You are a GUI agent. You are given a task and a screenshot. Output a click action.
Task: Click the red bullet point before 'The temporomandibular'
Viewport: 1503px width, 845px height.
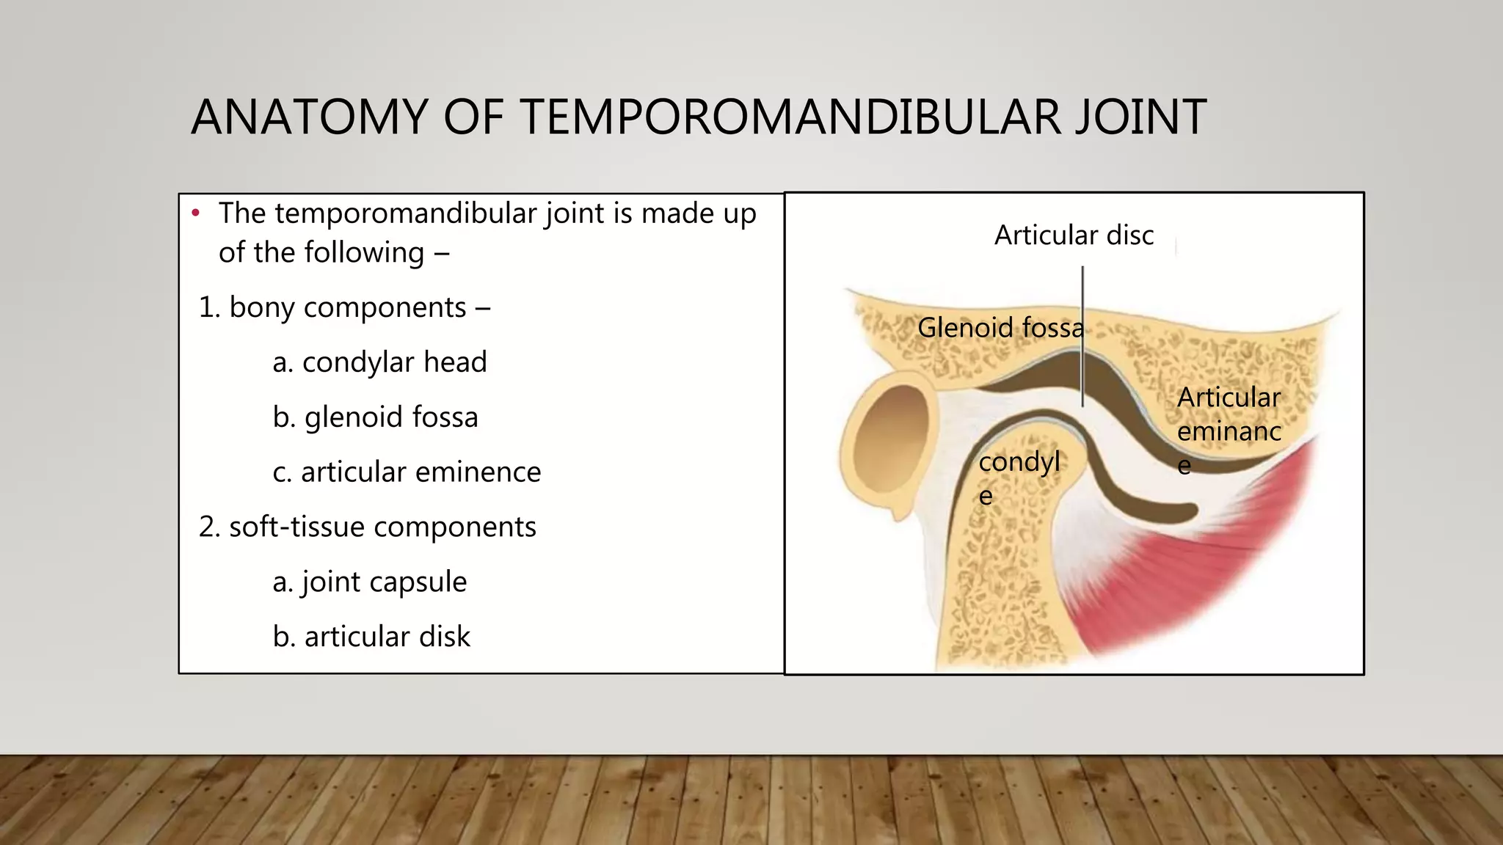click(x=195, y=213)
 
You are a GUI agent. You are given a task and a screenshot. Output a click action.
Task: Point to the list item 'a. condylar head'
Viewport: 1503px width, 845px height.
click(x=379, y=362)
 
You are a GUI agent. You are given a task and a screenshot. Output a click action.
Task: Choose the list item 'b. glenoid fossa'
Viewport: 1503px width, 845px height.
click(x=375, y=417)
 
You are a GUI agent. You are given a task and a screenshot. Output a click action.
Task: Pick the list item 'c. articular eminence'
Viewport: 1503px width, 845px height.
click(x=407, y=472)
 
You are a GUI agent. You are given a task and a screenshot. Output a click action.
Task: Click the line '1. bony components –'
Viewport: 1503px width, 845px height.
click(x=344, y=307)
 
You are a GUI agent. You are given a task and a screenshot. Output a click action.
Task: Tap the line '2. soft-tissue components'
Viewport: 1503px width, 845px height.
click(x=368, y=527)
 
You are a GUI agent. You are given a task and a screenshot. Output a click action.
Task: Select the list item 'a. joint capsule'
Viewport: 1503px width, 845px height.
click(x=369, y=582)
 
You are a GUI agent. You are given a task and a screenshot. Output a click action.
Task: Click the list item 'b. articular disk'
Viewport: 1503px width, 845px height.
click(x=371, y=637)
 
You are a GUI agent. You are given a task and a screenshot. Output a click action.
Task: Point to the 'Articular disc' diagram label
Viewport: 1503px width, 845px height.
click(x=1074, y=235)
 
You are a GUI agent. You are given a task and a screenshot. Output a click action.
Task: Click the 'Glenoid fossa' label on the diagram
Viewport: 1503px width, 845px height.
click(x=1000, y=327)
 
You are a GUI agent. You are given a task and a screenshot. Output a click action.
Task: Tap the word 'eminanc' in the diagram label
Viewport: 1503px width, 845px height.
click(x=1229, y=431)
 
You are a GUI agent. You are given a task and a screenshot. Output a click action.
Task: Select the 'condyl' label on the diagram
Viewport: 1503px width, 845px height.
click(x=1019, y=462)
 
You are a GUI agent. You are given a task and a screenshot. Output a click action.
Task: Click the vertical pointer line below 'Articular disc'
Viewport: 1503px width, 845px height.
click(x=1082, y=337)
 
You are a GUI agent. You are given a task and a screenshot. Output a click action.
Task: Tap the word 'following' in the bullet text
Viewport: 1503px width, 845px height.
click(x=363, y=253)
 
